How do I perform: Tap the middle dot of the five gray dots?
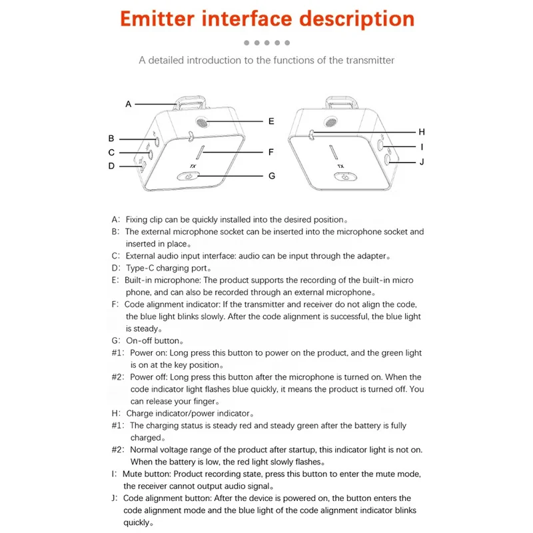266,43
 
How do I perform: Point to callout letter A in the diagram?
129,104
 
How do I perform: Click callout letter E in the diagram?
271,121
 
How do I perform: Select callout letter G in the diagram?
271,176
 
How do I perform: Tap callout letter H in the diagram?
421,131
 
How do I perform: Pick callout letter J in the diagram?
421,161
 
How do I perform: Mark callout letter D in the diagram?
112,166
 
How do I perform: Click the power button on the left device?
191,177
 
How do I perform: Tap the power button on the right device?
343,177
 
